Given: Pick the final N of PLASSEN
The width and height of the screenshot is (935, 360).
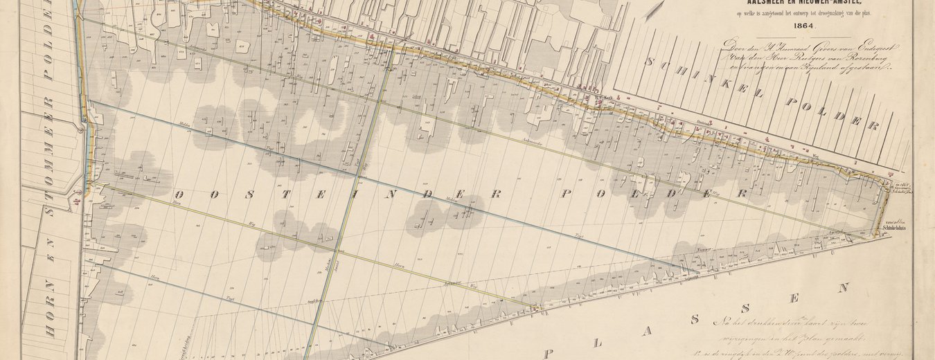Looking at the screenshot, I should [844, 287].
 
